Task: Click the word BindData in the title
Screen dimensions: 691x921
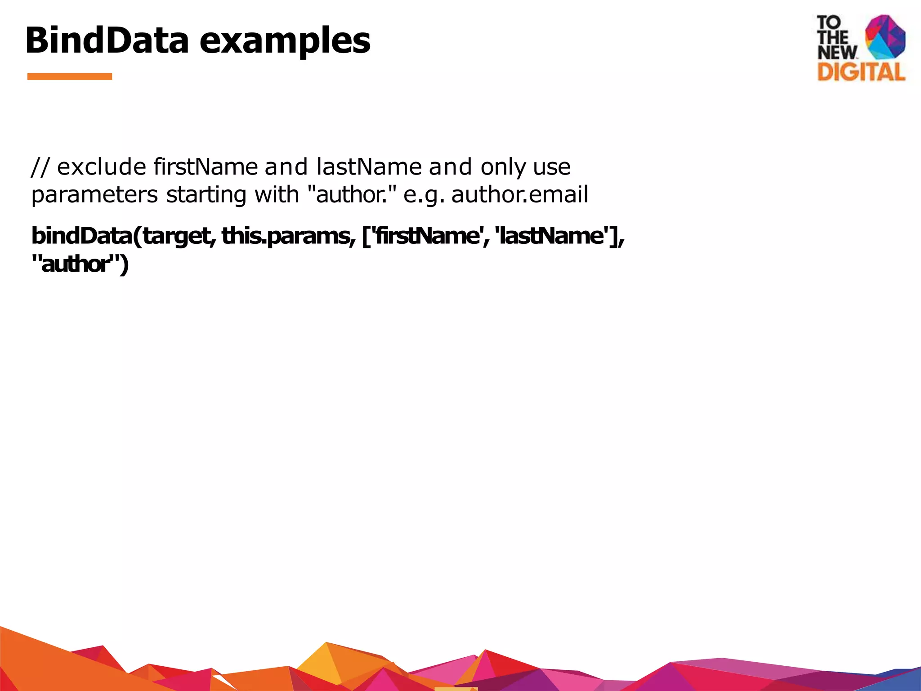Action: pos(107,40)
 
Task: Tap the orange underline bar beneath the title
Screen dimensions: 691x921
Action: pos(70,76)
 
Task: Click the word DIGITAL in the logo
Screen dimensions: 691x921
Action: pos(861,72)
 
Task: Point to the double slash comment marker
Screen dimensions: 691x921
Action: pos(39,167)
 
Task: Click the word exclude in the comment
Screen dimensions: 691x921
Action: pos(102,167)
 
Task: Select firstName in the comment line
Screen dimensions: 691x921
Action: pos(206,167)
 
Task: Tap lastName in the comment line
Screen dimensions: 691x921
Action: pos(369,167)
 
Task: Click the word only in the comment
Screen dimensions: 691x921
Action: pos(503,168)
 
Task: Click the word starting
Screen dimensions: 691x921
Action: pos(206,195)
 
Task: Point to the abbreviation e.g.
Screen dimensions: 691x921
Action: pos(424,195)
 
